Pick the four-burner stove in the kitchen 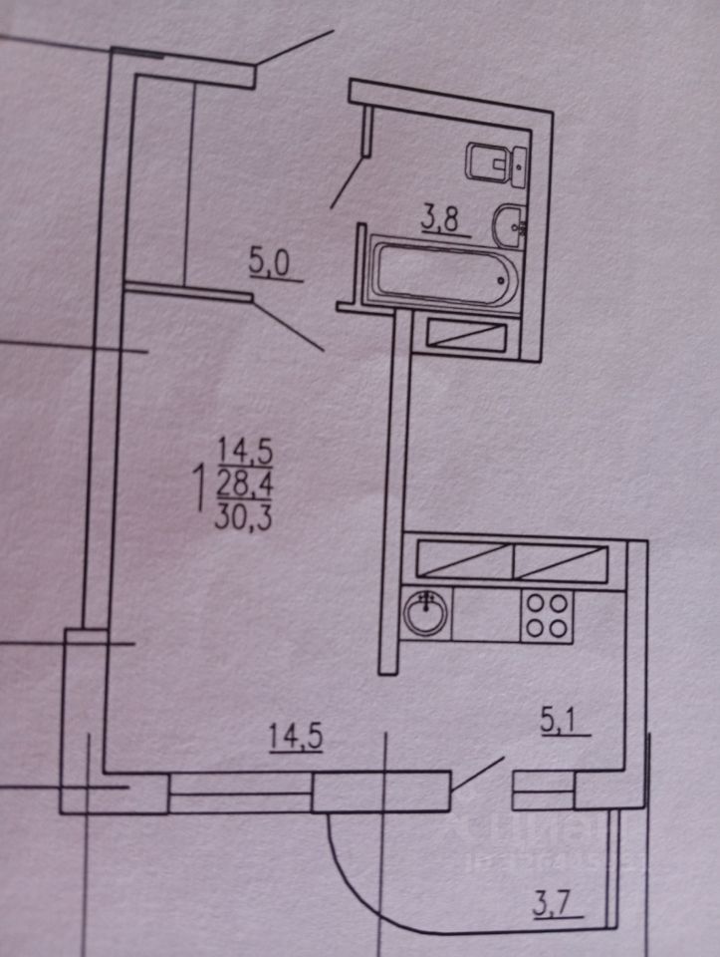[x=548, y=614]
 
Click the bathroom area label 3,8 [x=439, y=219]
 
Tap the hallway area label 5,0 [x=269, y=265]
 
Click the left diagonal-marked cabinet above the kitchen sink [x=463, y=560]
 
